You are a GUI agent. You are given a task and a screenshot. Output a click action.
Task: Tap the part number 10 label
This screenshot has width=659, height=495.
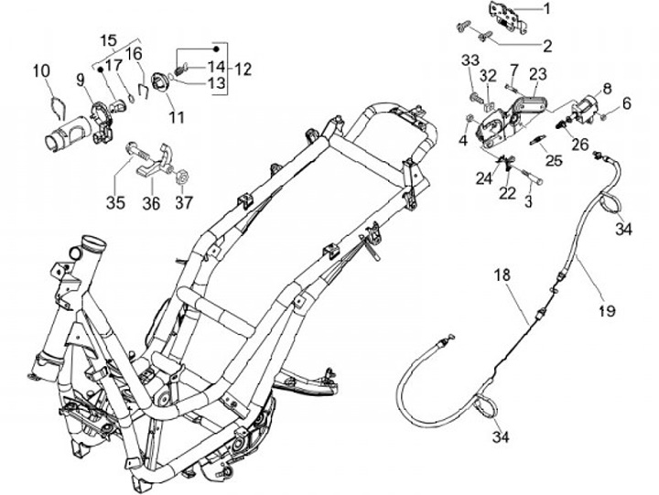[41, 70]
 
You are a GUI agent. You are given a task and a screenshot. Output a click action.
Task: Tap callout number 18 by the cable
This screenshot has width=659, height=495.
[501, 275]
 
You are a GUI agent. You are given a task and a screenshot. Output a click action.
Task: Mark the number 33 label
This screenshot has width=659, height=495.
[470, 60]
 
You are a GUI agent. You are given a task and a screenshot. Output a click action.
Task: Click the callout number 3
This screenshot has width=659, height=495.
[528, 200]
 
